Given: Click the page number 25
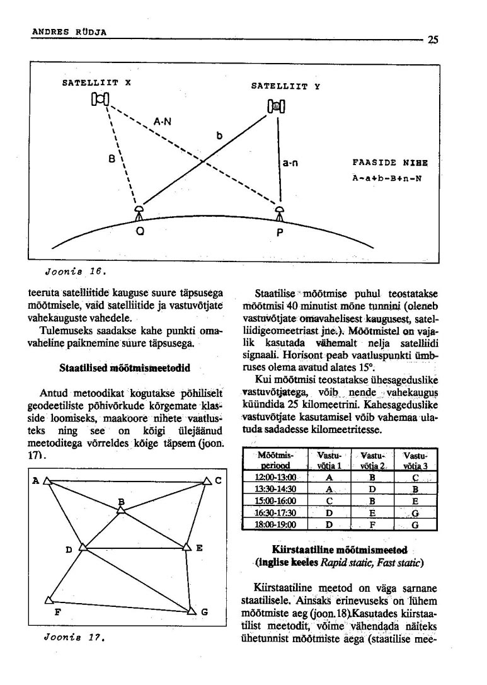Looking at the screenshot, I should (433, 39).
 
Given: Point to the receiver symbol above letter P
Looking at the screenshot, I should (281, 213).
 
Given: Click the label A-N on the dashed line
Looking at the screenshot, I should (162, 121).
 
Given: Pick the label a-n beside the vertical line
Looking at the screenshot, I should (290, 164).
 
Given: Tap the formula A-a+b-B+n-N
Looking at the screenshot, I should (386, 177).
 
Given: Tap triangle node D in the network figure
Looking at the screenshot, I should (83, 547).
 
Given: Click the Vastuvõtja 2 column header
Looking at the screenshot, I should (372, 459).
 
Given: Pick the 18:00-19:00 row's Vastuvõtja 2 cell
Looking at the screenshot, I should (372, 524).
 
